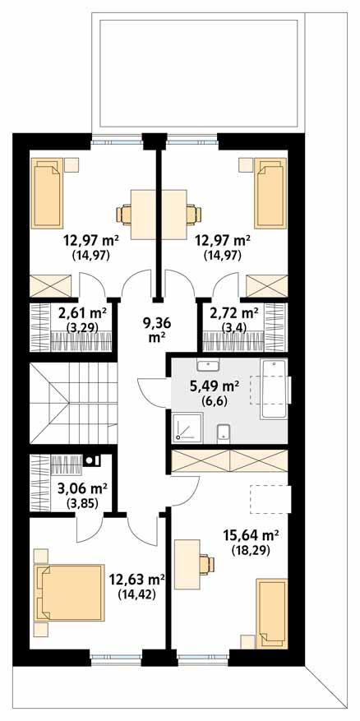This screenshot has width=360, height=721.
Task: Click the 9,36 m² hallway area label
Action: click(x=155, y=330)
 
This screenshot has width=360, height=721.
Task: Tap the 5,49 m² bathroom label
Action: click(x=214, y=386)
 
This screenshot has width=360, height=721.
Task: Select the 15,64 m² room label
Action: click(x=251, y=535)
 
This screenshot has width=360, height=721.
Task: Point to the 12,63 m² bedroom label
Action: click(x=136, y=578)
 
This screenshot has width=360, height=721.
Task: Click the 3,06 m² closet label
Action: click(x=82, y=487)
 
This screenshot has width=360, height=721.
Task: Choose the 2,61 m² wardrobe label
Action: click(x=82, y=313)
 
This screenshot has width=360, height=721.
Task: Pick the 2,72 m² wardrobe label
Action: click(x=233, y=313)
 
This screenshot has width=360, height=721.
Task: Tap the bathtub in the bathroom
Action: click(x=274, y=389)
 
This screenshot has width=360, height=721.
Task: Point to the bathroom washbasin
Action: click(x=208, y=365)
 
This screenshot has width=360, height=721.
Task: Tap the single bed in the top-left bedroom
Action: click(x=47, y=192)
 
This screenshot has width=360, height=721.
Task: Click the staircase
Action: click(x=73, y=403)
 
